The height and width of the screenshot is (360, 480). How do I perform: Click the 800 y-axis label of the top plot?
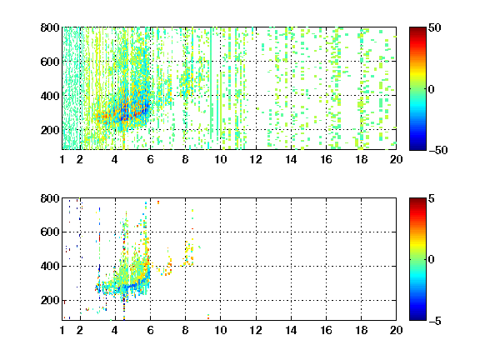pyautogui.click(x=50, y=27)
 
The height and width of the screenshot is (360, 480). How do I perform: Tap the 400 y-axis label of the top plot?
pyautogui.click(x=50, y=96)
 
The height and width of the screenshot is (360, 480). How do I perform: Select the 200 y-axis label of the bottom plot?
pyautogui.click(x=50, y=300)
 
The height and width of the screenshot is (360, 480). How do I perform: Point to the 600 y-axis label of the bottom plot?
pyautogui.click(x=50, y=232)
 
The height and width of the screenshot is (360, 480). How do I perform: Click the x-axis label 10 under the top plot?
pyautogui.click(x=220, y=159)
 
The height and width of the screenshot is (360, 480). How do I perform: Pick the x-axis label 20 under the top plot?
pyautogui.click(x=396, y=159)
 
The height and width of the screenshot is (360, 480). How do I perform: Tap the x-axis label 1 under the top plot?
pyautogui.click(x=62, y=159)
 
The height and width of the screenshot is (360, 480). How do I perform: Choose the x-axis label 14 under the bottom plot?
pyautogui.click(x=291, y=330)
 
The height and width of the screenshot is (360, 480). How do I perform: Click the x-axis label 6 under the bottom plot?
pyautogui.click(x=150, y=330)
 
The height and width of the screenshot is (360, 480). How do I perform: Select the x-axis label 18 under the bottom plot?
pyautogui.click(x=361, y=330)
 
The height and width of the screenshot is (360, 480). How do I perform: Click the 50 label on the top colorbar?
pyautogui.click(x=435, y=27)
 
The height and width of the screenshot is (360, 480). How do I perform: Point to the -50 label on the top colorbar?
pyautogui.click(x=438, y=150)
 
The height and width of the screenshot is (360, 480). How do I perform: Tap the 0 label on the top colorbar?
pyautogui.click(x=432, y=89)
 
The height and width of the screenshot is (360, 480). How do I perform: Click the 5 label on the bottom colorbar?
pyautogui.click(x=432, y=198)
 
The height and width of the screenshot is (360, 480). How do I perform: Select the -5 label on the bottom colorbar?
pyautogui.click(x=435, y=321)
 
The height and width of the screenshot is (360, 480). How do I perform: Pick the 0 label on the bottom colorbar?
pyautogui.click(x=432, y=260)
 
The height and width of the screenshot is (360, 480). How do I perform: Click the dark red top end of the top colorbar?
pyautogui.click(x=417, y=28)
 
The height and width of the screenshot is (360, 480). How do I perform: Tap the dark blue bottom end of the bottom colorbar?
pyautogui.click(x=417, y=319)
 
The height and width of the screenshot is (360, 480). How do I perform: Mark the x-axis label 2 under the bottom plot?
pyautogui.click(x=80, y=330)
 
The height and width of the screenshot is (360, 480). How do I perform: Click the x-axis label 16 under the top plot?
pyautogui.click(x=327, y=159)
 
